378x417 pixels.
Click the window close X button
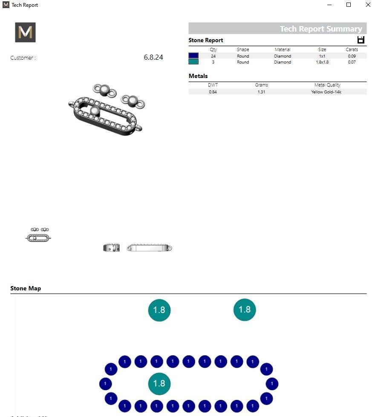[x=368, y=5]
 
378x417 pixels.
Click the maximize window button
[x=349, y=5]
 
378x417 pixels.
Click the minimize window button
[x=329, y=5]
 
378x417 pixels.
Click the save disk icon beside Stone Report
[x=361, y=40]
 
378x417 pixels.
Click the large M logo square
[x=25, y=32]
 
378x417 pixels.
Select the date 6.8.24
[x=153, y=57]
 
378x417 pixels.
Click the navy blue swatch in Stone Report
[x=193, y=56]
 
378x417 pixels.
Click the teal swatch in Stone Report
[x=193, y=62]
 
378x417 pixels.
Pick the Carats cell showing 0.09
[x=352, y=56]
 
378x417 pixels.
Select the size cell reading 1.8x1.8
[x=322, y=62]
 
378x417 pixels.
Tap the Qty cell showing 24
[x=213, y=56]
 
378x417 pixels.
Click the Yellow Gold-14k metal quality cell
[x=327, y=92]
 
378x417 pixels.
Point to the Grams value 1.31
[x=261, y=92]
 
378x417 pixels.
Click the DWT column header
[x=213, y=85]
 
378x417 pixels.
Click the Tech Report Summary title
[x=320, y=29]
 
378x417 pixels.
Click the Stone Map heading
[x=26, y=288]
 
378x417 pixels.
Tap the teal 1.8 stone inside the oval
[x=159, y=383]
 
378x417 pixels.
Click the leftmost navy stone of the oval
[x=105, y=384]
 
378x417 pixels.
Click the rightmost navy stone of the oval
[x=272, y=384]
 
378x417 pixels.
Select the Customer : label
[x=23, y=58]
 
